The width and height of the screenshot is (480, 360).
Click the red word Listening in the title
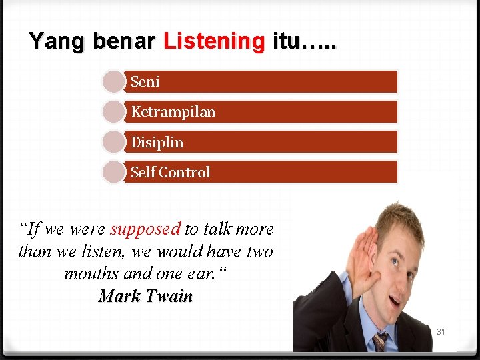[x=214, y=41]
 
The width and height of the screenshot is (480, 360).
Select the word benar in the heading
[x=124, y=41]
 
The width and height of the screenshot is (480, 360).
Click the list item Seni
[x=145, y=81]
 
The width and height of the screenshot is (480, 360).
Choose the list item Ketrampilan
[x=173, y=111]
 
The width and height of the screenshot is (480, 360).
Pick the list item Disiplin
[x=157, y=142]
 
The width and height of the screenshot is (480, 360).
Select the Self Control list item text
[x=170, y=172]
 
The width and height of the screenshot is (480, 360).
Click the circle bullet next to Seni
[x=113, y=81]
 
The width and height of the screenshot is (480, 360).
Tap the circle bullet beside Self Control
[x=113, y=172]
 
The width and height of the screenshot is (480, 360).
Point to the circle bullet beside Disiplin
[x=113, y=142]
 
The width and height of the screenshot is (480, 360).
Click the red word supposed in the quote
[x=145, y=229]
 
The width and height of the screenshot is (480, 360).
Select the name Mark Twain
[x=145, y=296]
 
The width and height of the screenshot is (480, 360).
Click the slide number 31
[x=441, y=331]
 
